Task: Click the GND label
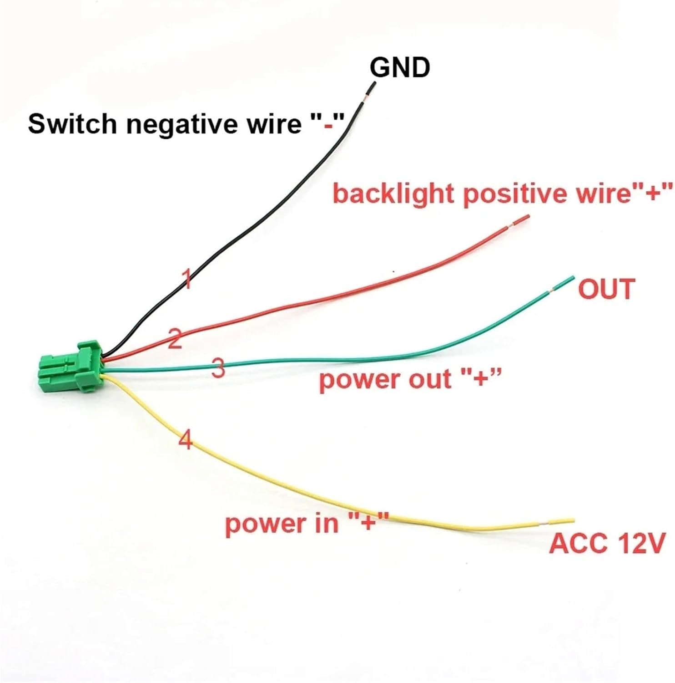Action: [x=400, y=68]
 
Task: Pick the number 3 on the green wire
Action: [x=219, y=368]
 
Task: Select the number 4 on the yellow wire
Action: [x=185, y=440]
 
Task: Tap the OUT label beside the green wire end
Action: [x=606, y=289]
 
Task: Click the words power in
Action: [x=282, y=523]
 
